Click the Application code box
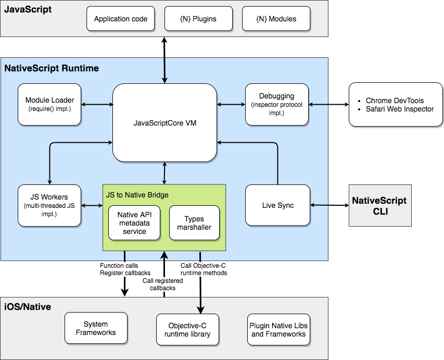[x=121, y=19]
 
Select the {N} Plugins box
[x=198, y=19]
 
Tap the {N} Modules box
[x=276, y=19]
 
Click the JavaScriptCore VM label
[x=165, y=123]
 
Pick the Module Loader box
[x=49, y=104]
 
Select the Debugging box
[x=276, y=104]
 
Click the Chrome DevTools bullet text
[x=395, y=101]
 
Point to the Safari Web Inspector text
[x=399, y=109]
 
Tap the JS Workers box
[x=49, y=205]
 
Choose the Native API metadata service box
[x=134, y=223]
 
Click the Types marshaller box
[x=194, y=223]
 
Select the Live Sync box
[x=278, y=205]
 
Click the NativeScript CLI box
[x=379, y=205]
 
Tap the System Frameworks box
[x=96, y=329]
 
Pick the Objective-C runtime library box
[x=186, y=330]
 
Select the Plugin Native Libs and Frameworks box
[x=278, y=330]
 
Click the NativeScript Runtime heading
[x=52, y=68]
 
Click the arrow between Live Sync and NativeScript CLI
[x=329, y=205]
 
